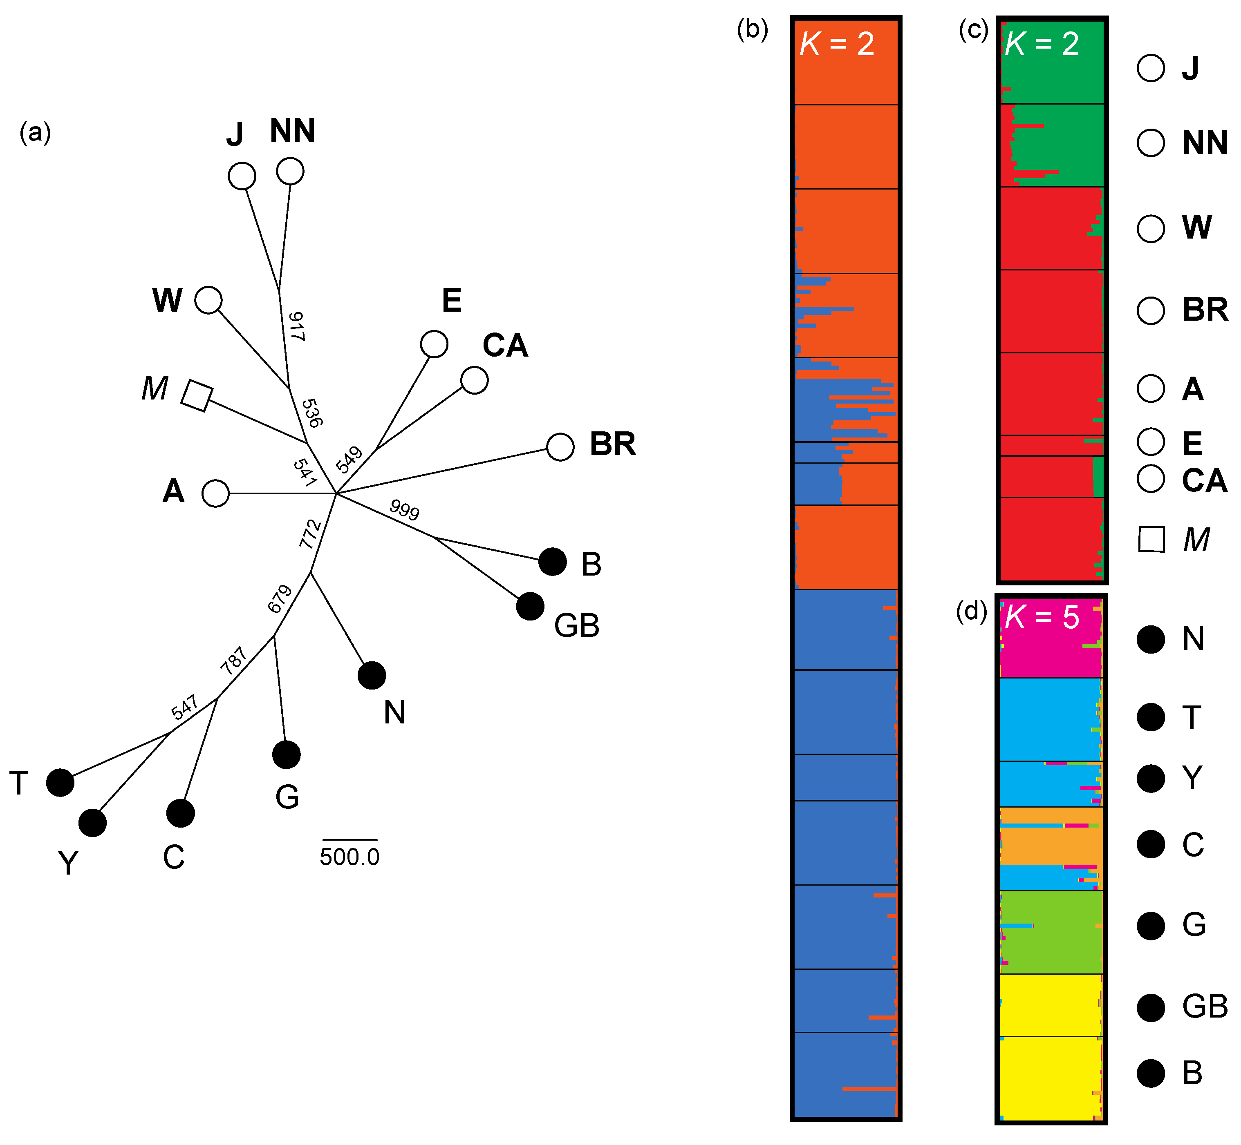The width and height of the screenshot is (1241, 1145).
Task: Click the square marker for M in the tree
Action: tap(197, 395)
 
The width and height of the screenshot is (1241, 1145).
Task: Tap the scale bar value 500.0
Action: tap(349, 857)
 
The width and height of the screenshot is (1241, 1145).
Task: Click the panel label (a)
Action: tap(35, 133)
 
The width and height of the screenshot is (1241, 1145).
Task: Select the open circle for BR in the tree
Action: tap(560, 447)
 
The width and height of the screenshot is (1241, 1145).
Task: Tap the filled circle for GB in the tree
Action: tap(530, 606)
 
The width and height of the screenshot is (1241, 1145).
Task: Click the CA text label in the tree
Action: tap(505, 346)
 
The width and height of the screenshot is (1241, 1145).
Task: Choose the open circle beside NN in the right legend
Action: tap(1151, 143)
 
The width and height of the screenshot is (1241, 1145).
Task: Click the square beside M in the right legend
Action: tap(1151, 539)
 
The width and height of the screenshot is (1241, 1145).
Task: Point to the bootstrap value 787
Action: tap(234, 661)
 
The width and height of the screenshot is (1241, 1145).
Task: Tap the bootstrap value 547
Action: tap(185, 707)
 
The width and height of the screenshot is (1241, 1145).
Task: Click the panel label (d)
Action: tap(971, 612)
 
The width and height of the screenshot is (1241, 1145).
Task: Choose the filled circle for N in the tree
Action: tap(372, 675)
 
